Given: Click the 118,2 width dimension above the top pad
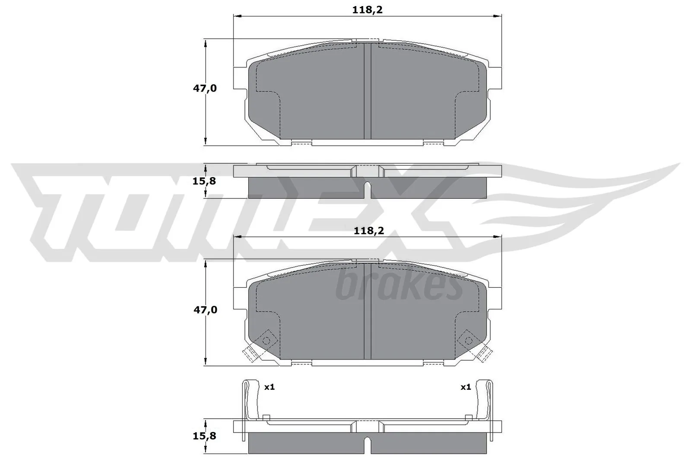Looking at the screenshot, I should tap(367, 10).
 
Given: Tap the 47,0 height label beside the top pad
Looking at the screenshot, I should tap(205, 89).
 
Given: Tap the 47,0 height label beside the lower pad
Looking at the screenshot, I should tap(205, 310).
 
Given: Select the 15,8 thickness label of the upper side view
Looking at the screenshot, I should tap(204, 181).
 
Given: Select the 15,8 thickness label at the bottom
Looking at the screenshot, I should tap(204, 436).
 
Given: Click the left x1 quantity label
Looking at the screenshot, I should tap(269, 387).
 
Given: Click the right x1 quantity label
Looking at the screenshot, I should tap(465, 387).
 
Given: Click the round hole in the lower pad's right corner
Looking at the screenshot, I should tap(468, 340).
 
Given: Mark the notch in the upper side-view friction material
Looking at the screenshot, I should tap(368, 190).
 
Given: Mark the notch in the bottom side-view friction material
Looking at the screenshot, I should tap(368, 445).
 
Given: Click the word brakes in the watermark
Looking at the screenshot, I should tap(398, 287).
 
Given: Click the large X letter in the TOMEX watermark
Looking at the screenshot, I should tap(389, 212).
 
